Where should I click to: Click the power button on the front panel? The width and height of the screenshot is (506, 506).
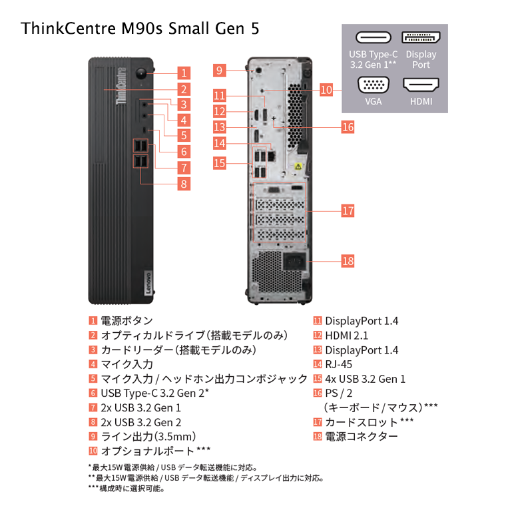(x=141, y=73)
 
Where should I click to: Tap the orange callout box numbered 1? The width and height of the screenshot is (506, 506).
(x=184, y=73)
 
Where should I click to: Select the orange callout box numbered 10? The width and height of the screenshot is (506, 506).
(x=326, y=90)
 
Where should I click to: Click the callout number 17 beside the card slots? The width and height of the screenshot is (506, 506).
(x=348, y=211)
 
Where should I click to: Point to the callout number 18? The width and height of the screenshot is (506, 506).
(x=348, y=261)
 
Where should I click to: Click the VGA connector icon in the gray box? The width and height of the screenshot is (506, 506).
(x=374, y=85)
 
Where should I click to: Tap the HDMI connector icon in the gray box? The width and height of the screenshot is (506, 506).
(x=421, y=85)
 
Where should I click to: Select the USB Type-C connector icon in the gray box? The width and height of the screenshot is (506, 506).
(x=374, y=37)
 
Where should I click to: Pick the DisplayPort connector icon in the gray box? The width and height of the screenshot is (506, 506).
(x=421, y=37)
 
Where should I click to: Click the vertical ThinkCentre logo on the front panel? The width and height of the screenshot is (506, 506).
(x=121, y=86)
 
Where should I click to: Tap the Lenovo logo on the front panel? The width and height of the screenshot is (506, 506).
(x=148, y=283)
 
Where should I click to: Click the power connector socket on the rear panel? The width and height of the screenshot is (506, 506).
(x=294, y=262)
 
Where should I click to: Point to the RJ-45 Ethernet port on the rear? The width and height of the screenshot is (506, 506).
(x=272, y=156)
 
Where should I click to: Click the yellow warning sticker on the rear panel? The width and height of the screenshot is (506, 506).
(x=298, y=166)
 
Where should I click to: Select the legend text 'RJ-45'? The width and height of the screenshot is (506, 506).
(x=338, y=364)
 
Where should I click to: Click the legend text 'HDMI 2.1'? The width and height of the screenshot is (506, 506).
(x=347, y=336)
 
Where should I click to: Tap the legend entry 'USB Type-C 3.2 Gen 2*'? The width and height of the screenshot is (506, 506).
(x=155, y=393)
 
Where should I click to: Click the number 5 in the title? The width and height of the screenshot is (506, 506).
(x=255, y=29)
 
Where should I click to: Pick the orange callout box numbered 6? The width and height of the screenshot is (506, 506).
(x=184, y=151)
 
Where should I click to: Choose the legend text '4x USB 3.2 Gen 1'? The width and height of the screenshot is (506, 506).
(x=365, y=379)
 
